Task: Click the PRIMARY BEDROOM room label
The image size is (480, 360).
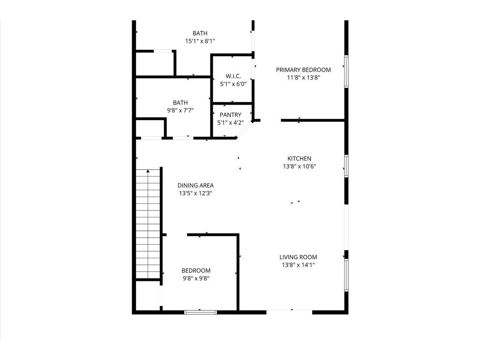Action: coord(303,70)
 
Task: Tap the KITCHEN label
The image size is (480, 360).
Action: coord(300,158)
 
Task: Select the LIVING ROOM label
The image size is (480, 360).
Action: coord(298,257)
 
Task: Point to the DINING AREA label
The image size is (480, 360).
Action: coord(195,185)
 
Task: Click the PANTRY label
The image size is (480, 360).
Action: coord(231,115)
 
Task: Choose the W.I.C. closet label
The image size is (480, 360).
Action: coord(233,76)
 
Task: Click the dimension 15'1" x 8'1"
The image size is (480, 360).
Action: coord(200,41)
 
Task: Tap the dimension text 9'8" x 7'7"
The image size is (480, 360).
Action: coord(180,111)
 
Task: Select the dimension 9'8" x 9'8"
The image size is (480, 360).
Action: coord(196,278)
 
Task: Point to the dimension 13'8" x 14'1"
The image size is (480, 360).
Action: coord(299,265)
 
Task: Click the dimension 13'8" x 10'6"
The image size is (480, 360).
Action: coord(300,166)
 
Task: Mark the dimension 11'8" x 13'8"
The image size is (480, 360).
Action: coord(303,78)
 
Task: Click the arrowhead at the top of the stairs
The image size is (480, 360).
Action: coord(148,171)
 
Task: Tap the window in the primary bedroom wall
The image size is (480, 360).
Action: coord(346,71)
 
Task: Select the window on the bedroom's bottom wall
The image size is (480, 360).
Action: coord(201,312)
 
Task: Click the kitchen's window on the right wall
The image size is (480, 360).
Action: coord(346,166)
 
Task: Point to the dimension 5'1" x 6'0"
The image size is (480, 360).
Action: coord(233,84)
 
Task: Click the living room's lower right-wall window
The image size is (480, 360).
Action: coord(346,275)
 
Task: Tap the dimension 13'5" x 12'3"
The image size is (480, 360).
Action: coord(195,193)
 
